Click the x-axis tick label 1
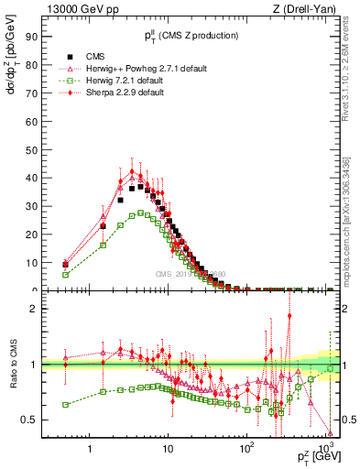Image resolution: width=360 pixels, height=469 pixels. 90,451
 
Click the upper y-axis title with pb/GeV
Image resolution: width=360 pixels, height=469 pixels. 12,55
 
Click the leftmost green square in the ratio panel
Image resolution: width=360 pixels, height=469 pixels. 65,404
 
